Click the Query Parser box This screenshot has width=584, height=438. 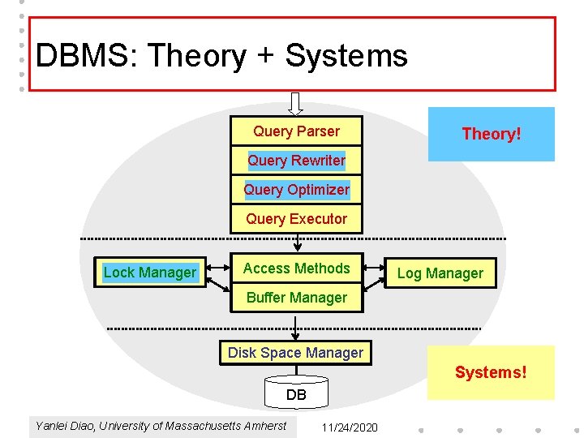296,131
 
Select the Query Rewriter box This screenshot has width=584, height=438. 296,161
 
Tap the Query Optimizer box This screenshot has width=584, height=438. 296,190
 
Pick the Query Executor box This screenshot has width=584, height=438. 296,219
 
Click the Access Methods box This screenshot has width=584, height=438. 296,268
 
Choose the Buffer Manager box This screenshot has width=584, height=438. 296,298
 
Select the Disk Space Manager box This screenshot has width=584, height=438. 295,353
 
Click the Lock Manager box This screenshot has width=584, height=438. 150,273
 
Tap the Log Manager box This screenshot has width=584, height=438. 440,273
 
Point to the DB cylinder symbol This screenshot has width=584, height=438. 296,391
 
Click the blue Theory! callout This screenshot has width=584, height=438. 492,134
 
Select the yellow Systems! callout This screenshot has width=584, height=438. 491,372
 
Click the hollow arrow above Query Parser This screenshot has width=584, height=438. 296,104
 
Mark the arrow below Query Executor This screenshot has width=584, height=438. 298,242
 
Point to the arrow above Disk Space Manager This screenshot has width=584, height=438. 296,328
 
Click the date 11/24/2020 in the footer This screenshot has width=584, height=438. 350,427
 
